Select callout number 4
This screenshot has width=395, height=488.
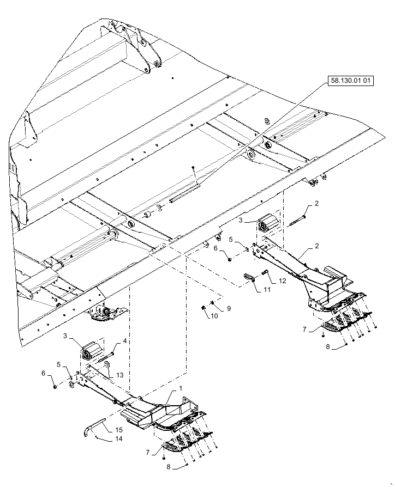(x=124, y=341)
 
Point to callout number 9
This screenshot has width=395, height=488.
(x=229, y=308)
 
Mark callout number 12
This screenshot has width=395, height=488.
(x=282, y=281)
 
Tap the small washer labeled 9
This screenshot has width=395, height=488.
(x=212, y=302)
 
